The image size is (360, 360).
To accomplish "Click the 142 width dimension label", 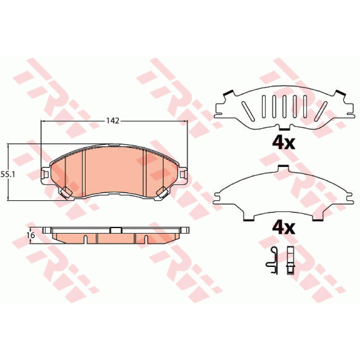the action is pos(113,121).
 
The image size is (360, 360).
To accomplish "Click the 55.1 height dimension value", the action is pos(8,175).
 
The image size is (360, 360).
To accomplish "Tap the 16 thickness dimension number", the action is pos(31,235).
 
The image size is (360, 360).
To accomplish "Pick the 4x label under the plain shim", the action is pos(283,228).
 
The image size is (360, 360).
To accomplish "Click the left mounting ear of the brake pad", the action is pos(45,175).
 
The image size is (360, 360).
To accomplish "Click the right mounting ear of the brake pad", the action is pos(183,175).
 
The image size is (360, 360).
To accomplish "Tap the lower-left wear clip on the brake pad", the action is pos(66,193).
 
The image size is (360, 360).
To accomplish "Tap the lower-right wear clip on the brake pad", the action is pos(162,193).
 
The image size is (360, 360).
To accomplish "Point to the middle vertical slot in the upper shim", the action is pos(284,107).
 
